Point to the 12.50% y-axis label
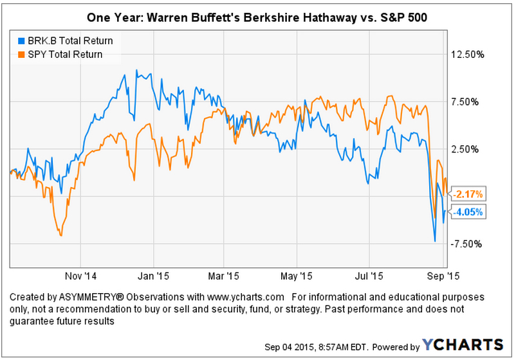click(466, 55)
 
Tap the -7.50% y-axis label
click(467, 244)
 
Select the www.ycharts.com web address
click(248, 297)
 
